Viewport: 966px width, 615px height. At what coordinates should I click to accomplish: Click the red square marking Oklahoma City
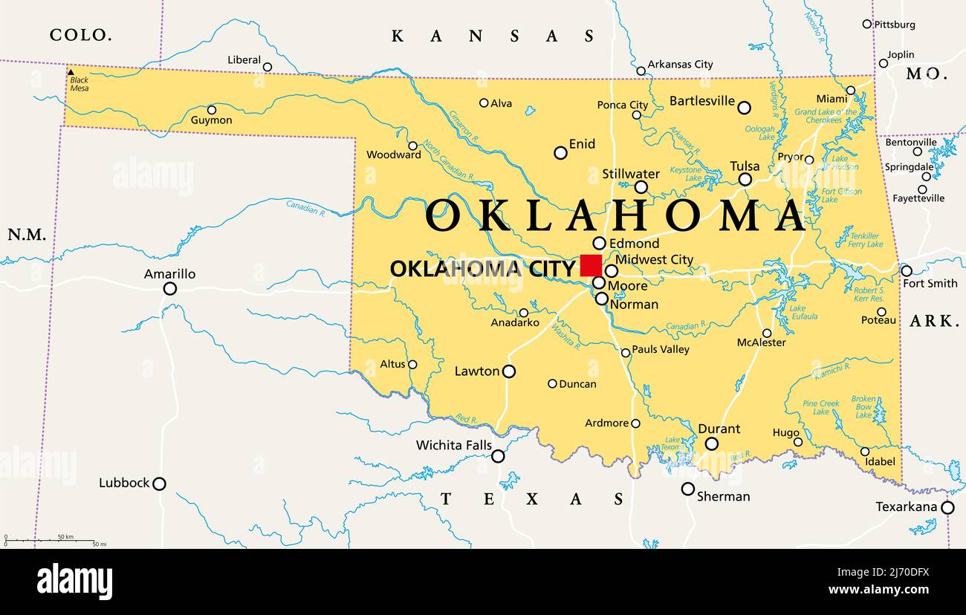[x=591, y=265]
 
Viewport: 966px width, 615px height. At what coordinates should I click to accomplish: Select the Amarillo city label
[x=169, y=274]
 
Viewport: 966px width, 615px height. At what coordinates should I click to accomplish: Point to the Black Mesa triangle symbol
[x=71, y=73]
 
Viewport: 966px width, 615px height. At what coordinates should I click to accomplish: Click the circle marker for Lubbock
[x=159, y=484]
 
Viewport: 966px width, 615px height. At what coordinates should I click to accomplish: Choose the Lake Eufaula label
[x=797, y=313]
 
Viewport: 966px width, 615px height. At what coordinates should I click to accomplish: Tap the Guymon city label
[x=211, y=120]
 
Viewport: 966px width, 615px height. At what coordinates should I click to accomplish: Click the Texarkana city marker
[x=947, y=507]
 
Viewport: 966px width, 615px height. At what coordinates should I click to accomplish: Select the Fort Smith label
[x=930, y=283]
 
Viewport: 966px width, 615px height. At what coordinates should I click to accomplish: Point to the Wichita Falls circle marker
[x=498, y=456]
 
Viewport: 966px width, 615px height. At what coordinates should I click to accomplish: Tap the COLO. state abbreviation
[x=81, y=34]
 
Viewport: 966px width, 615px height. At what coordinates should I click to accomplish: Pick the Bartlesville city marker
[x=744, y=108]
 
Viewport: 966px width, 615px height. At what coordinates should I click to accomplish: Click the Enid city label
[x=582, y=144]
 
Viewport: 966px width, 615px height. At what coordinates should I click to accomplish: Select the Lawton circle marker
[x=509, y=371]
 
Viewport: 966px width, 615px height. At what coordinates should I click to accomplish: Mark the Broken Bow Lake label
[x=863, y=407]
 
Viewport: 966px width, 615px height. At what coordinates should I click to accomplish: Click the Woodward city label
[x=393, y=155]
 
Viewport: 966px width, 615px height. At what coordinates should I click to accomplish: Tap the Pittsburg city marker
[x=867, y=24]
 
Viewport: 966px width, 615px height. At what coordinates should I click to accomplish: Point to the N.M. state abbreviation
[x=27, y=235]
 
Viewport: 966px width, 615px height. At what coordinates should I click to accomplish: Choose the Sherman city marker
[x=688, y=489]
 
